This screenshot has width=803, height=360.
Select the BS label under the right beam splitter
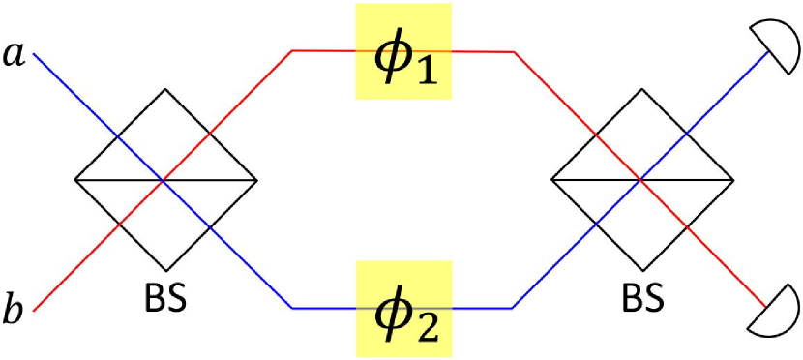click(x=641, y=295)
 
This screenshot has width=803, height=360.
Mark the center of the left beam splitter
click(x=165, y=180)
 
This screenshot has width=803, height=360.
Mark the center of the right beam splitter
click(x=641, y=180)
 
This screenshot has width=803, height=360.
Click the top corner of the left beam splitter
click(x=165, y=90)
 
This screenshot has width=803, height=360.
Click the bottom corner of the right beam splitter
click(x=641, y=270)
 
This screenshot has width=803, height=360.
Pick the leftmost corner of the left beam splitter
click(x=75, y=180)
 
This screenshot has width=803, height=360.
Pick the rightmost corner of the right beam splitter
click(x=732, y=180)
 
